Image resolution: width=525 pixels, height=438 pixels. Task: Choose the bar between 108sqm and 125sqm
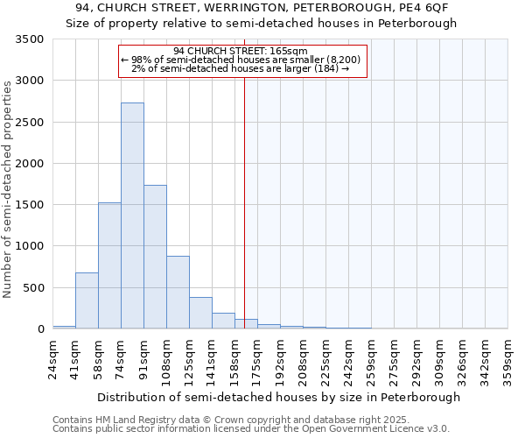(x=178, y=293)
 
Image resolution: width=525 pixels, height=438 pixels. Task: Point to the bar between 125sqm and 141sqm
(x=200, y=313)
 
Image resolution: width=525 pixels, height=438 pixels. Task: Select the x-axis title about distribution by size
(x=278, y=397)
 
